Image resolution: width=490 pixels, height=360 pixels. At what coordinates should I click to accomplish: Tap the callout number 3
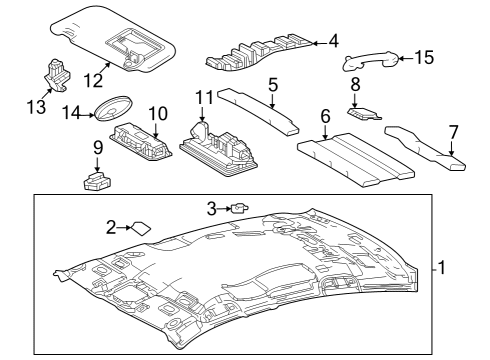point(211,207)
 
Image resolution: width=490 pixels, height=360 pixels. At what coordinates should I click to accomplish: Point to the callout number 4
point(333,41)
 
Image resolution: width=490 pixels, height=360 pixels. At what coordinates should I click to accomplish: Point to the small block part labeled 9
point(97,181)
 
